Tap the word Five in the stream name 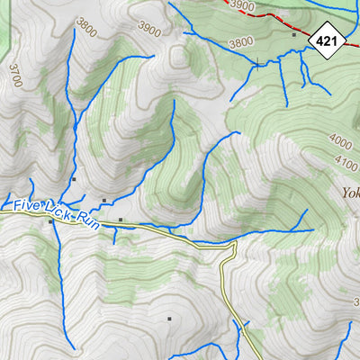pyautogui.click(x=29, y=206)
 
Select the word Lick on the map pyautogui.click(x=60, y=211)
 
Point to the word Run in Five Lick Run pyautogui.click(x=87, y=220)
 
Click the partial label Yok pyautogui.click(x=350, y=192)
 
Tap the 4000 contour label pyautogui.click(x=341, y=142)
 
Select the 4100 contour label pyautogui.click(x=346, y=160)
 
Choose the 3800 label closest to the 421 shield pyautogui.click(x=240, y=42)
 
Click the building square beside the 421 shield pyautogui.click(x=293, y=34)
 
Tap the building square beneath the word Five pyautogui.click(x=49, y=220)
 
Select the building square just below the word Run pyautogui.click(x=121, y=219)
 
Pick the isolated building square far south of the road pyautogui.click(x=168, y=318)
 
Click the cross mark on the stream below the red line pyautogui.click(x=258, y=64)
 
